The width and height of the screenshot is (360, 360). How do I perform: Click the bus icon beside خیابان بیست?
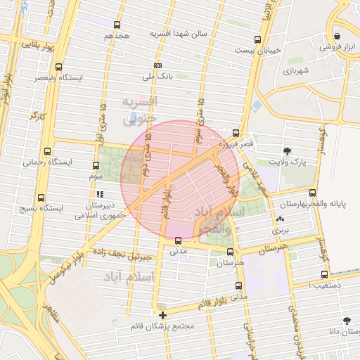pos(257,39)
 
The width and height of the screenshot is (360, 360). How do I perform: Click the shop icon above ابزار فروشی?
pos(337,37)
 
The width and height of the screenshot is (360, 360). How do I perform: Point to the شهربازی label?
pos(297,71)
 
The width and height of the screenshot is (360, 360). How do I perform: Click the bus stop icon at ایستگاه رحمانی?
pos(47,151)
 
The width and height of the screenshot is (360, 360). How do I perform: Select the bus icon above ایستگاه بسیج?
pos(41,198)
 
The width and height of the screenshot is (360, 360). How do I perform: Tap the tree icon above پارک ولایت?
pos(287,150)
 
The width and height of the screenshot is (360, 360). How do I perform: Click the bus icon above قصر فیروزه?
pos(235,133)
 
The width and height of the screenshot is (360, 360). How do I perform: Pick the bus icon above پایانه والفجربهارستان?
pos(313,193)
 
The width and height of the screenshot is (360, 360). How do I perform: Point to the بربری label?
pos(281,230)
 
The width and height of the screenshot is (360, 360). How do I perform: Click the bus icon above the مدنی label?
pos(178,240)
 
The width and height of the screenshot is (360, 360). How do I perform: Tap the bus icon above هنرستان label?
pos(230,251)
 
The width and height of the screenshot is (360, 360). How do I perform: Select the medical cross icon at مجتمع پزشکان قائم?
pos(163,316)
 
